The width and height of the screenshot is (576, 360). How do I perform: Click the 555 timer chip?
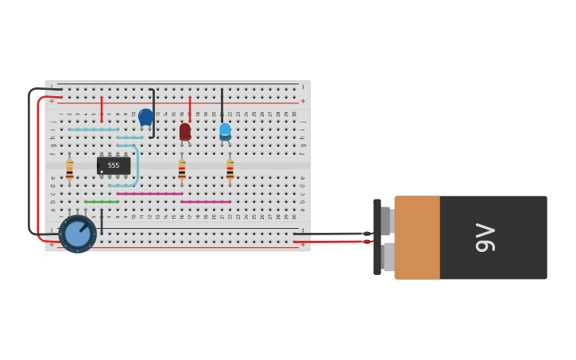(114, 165)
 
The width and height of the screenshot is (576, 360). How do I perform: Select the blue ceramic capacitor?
(145, 117)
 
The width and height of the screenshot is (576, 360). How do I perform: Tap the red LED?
(185, 131)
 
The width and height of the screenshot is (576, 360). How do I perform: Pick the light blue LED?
(225, 131)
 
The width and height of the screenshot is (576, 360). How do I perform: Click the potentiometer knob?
(77, 234)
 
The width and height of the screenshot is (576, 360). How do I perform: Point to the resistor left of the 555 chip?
(70, 169)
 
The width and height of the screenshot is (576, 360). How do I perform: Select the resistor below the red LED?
(182, 169)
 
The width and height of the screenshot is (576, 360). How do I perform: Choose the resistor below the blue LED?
(230, 169)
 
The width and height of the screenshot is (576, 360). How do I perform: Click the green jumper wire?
(102, 202)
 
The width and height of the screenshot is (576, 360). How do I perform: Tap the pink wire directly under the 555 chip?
(149, 193)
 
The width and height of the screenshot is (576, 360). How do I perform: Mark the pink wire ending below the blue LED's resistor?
(206, 202)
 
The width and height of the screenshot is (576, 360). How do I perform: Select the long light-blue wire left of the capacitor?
(93, 130)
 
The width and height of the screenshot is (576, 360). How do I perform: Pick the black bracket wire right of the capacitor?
(153, 113)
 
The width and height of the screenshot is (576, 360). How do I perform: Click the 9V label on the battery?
(485, 238)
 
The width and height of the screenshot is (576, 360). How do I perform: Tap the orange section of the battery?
(417, 238)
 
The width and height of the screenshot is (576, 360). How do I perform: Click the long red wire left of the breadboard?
(37, 167)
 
